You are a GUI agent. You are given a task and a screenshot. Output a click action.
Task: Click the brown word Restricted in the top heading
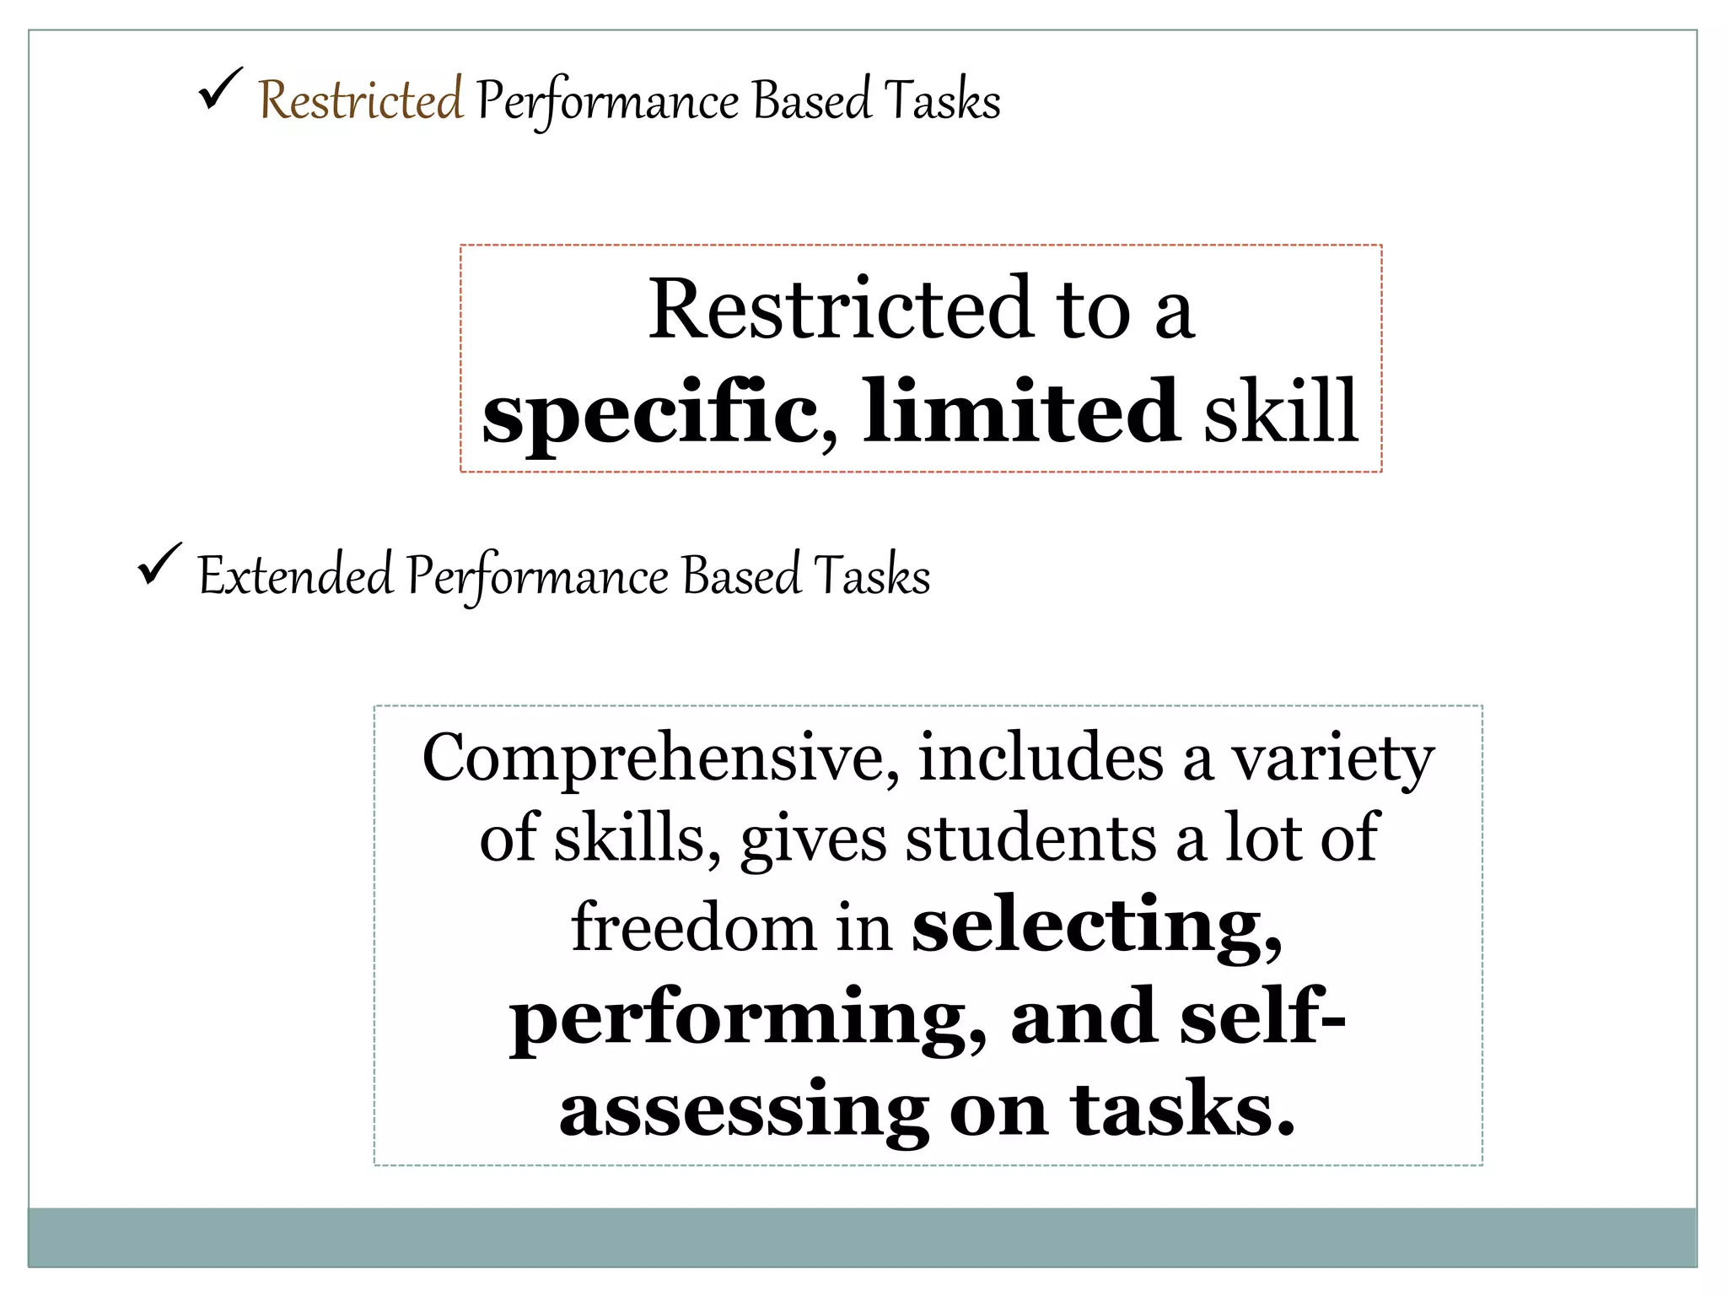[x=360, y=100]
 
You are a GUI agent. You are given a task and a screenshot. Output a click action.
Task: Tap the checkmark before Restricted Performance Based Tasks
[x=221, y=89]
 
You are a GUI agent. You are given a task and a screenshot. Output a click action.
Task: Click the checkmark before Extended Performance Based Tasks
[x=159, y=564]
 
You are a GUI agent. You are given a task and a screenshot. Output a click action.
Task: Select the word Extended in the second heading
[x=295, y=575]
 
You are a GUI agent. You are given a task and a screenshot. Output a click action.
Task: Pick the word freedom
[x=694, y=926]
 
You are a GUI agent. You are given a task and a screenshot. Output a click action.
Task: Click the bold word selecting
[x=1096, y=926]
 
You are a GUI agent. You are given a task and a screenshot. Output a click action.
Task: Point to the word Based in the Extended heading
[x=741, y=575]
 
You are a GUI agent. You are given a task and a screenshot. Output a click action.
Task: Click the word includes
[x=1041, y=757]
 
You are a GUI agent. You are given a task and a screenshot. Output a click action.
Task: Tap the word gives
[x=813, y=840]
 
